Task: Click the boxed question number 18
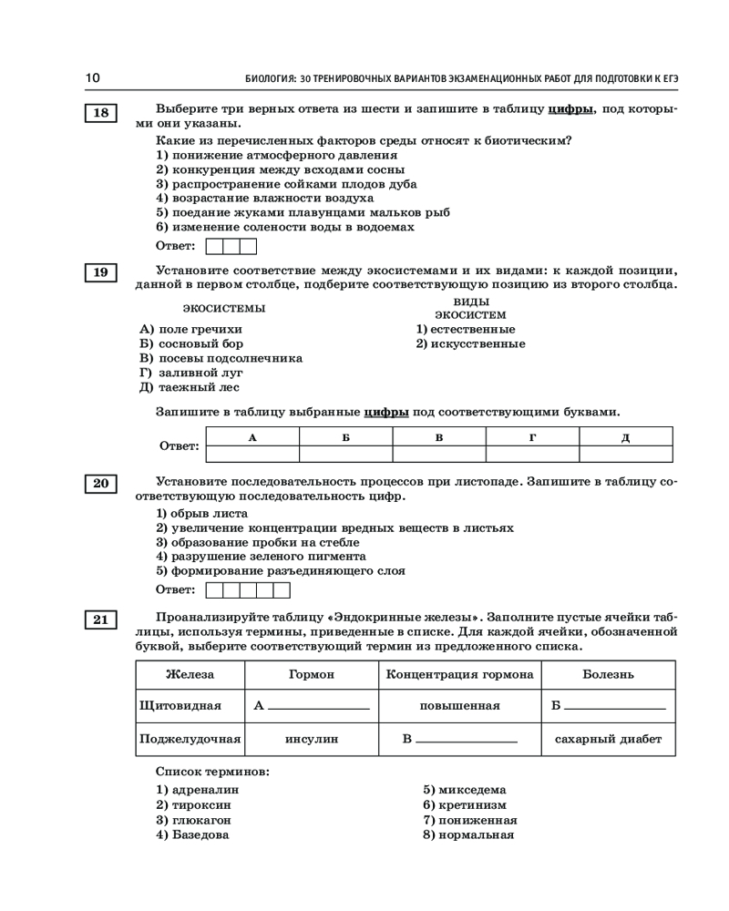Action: tap(100, 113)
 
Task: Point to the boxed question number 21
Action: tap(100, 619)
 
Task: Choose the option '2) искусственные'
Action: tap(470, 343)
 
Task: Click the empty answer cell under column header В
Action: tap(438, 454)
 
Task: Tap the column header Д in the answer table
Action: tap(625, 437)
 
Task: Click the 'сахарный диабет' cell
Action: tap(608, 739)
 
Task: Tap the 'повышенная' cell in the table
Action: tap(459, 706)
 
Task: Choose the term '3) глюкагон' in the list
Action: tap(193, 820)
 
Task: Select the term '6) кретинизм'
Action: tap(464, 805)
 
